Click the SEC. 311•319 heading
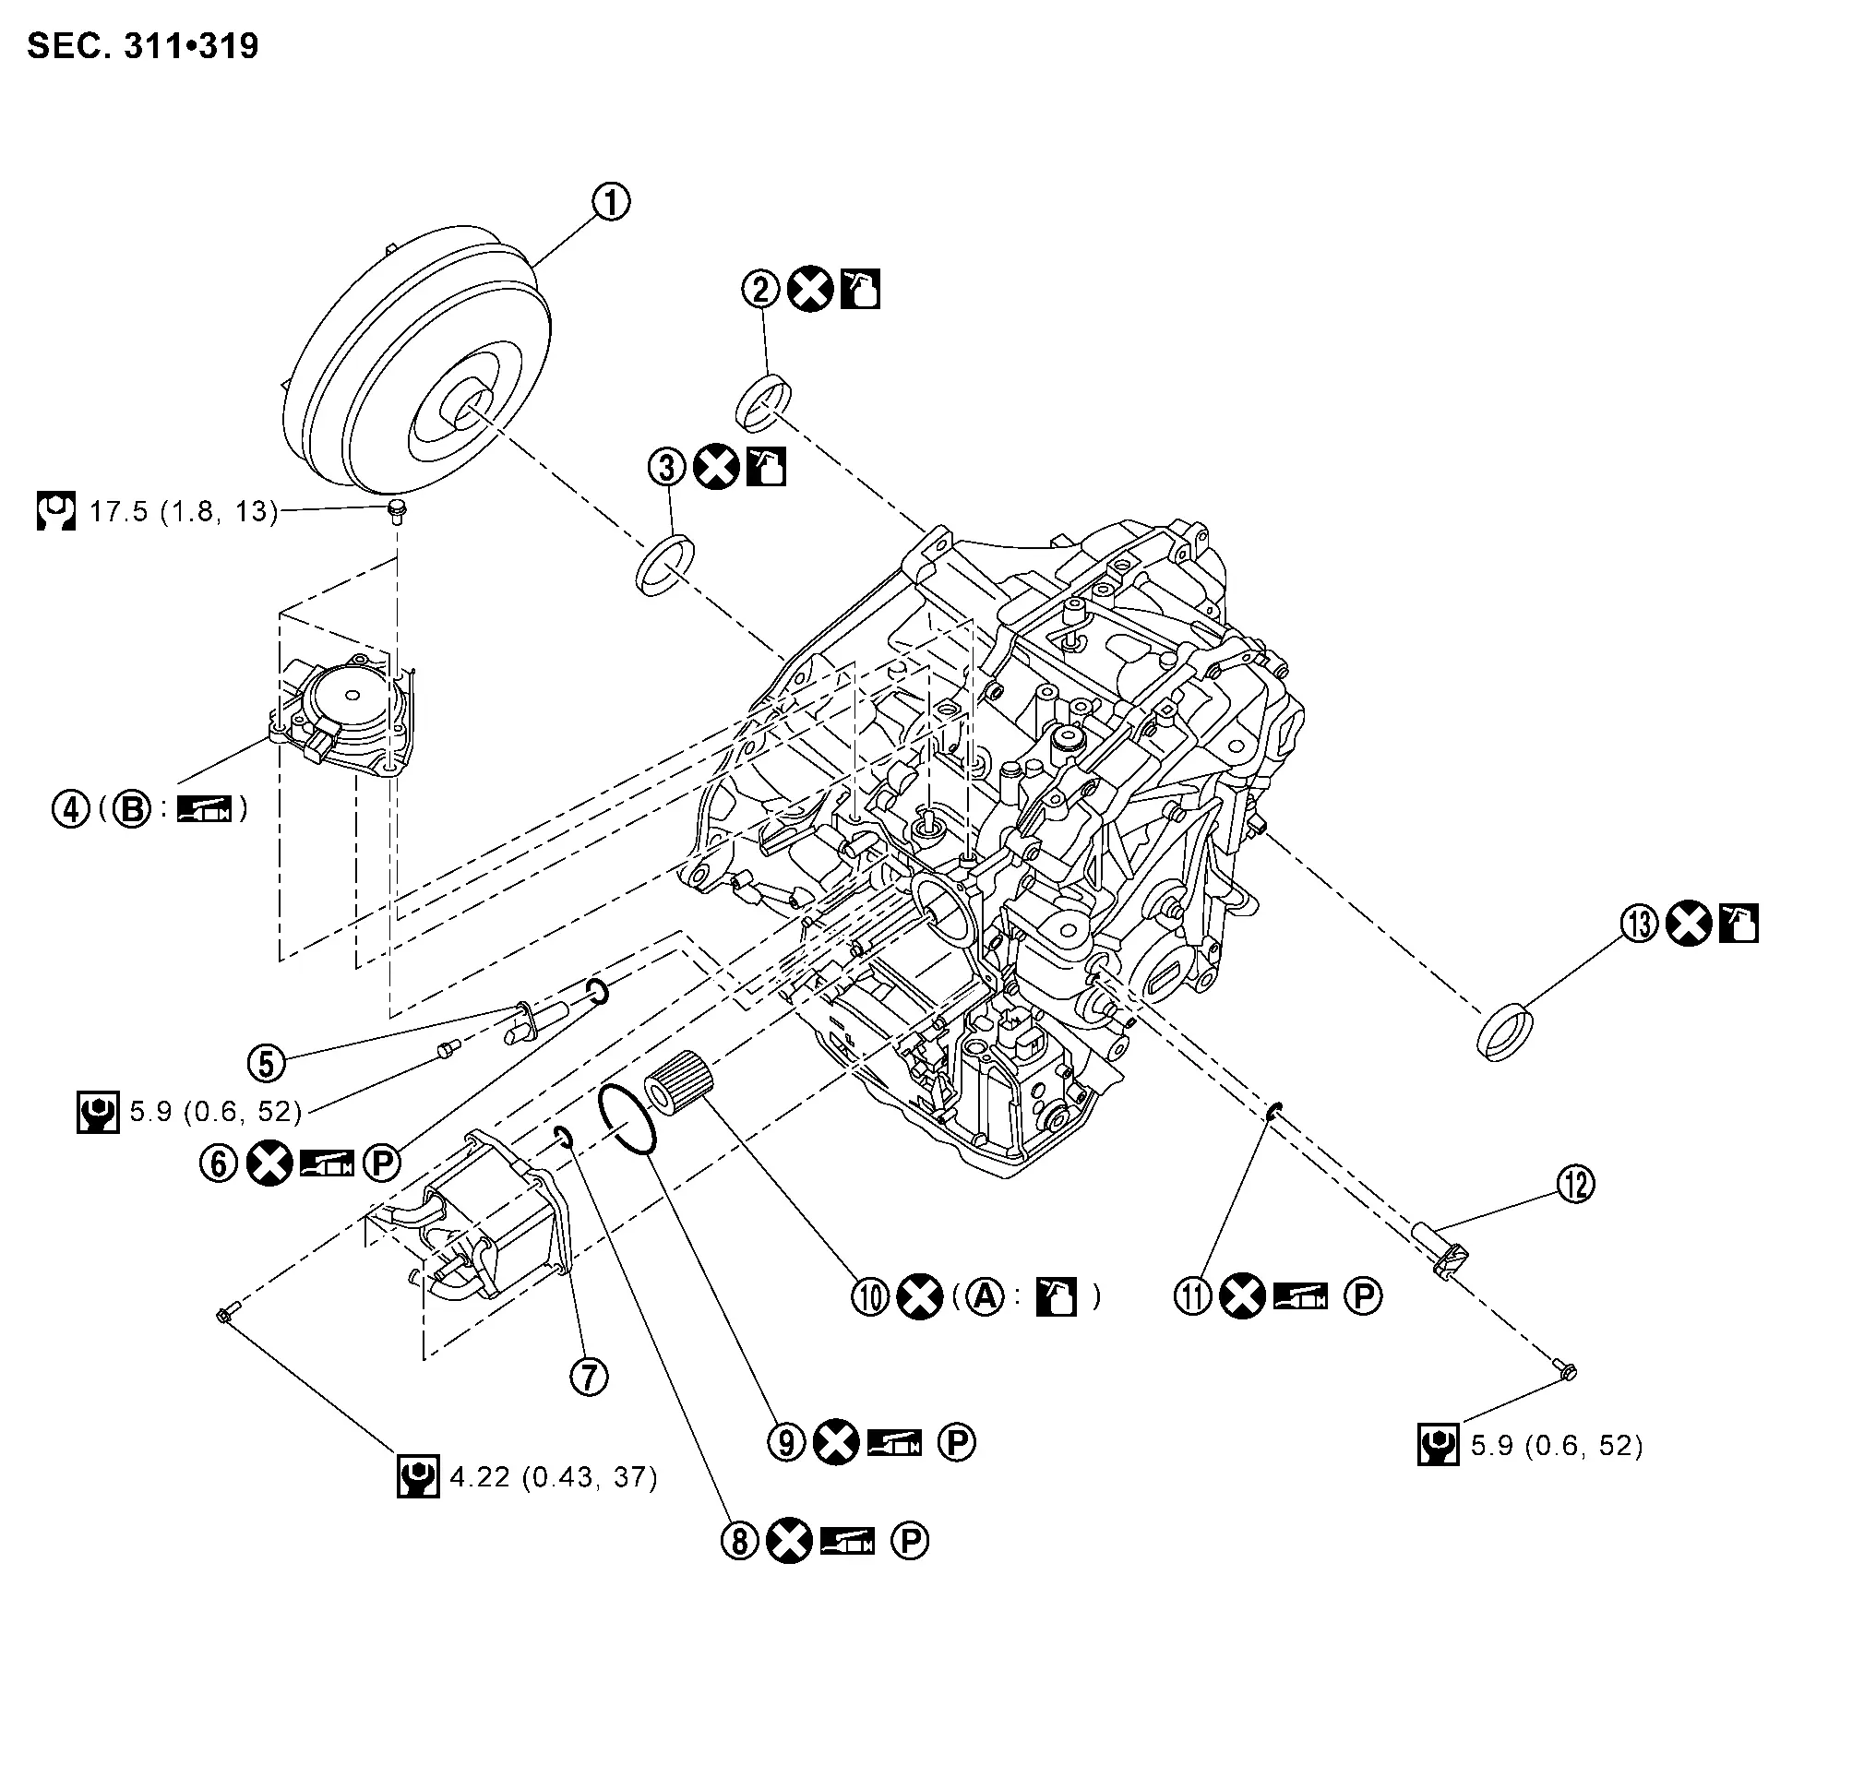142,45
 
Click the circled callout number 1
610,201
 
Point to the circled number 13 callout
1639,924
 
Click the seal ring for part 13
1503,1032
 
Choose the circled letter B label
132,807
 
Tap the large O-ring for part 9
626,1119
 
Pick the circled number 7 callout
590,1378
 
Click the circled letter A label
986,1296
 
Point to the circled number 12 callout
1576,1183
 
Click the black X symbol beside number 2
809,289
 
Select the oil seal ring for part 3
665,564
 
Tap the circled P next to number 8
910,1541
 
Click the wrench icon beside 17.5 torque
55,510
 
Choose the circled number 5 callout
267,1063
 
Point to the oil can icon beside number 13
1738,924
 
